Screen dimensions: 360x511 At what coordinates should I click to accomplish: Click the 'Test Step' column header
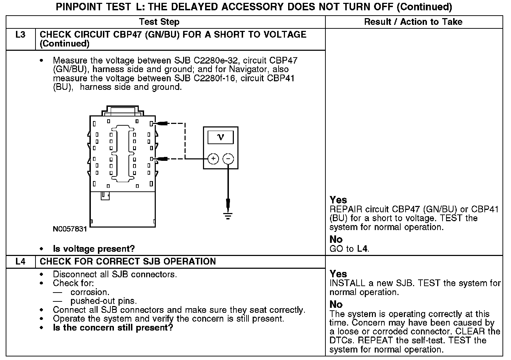(x=159, y=22)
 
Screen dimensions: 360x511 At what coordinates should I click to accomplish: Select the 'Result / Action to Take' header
(x=413, y=22)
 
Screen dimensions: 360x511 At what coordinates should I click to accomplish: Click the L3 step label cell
(x=21, y=35)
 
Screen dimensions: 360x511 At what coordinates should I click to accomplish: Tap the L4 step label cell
(x=21, y=262)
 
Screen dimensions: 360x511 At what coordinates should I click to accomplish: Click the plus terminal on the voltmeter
(x=213, y=159)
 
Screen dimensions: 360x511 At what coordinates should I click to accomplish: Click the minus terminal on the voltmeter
(x=228, y=159)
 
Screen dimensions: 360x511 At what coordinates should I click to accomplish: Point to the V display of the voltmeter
(x=220, y=137)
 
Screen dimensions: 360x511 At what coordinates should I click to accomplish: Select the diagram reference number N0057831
(x=70, y=229)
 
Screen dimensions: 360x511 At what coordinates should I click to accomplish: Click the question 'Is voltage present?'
(x=94, y=249)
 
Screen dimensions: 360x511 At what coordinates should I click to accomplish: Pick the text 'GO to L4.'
(x=350, y=249)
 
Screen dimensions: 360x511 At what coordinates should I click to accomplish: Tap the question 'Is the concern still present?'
(x=113, y=327)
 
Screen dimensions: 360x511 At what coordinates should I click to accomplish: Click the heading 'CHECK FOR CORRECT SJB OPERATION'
(x=128, y=262)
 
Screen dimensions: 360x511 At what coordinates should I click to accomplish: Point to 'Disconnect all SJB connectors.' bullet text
(x=115, y=274)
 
